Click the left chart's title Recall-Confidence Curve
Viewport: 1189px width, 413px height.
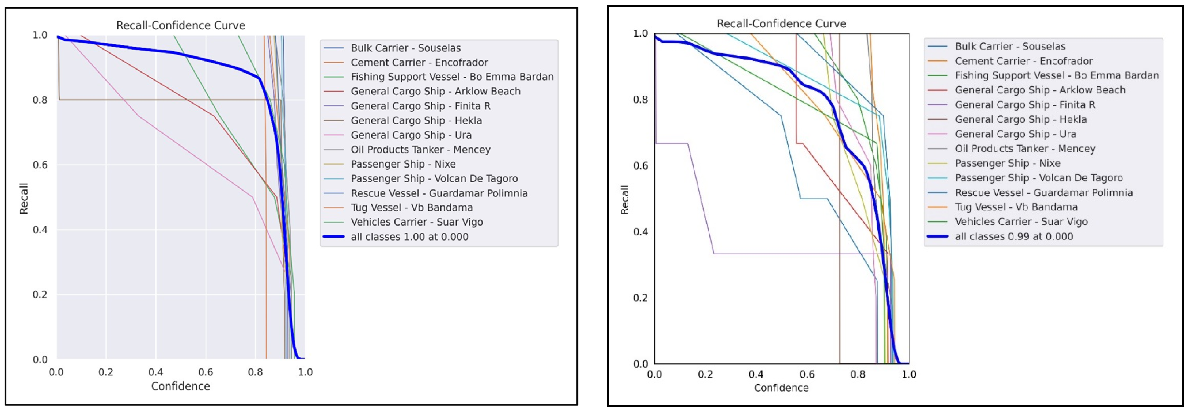[181, 25]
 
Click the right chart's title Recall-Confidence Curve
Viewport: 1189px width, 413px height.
[781, 24]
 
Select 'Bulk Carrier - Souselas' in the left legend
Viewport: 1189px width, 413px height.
[405, 48]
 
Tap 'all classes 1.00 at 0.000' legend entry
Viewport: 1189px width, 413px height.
[409, 237]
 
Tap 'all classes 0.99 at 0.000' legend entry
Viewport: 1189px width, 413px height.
[1014, 236]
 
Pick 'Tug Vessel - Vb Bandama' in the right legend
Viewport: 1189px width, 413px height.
[1015, 207]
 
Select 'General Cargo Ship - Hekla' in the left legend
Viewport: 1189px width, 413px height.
[416, 120]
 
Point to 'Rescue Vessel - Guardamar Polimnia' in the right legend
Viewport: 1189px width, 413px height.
[1043, 193]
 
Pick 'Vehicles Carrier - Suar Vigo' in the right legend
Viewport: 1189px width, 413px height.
[1021, 222]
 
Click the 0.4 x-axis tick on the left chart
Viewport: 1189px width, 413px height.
[155, 372]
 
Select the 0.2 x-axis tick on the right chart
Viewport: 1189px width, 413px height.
[705, 374]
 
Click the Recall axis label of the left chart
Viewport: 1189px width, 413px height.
[24, 198]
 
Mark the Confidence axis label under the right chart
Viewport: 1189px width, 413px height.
[781, 388]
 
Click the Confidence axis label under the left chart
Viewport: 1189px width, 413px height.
[181, 386]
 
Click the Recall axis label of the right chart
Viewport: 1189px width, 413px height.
[624, 199]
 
